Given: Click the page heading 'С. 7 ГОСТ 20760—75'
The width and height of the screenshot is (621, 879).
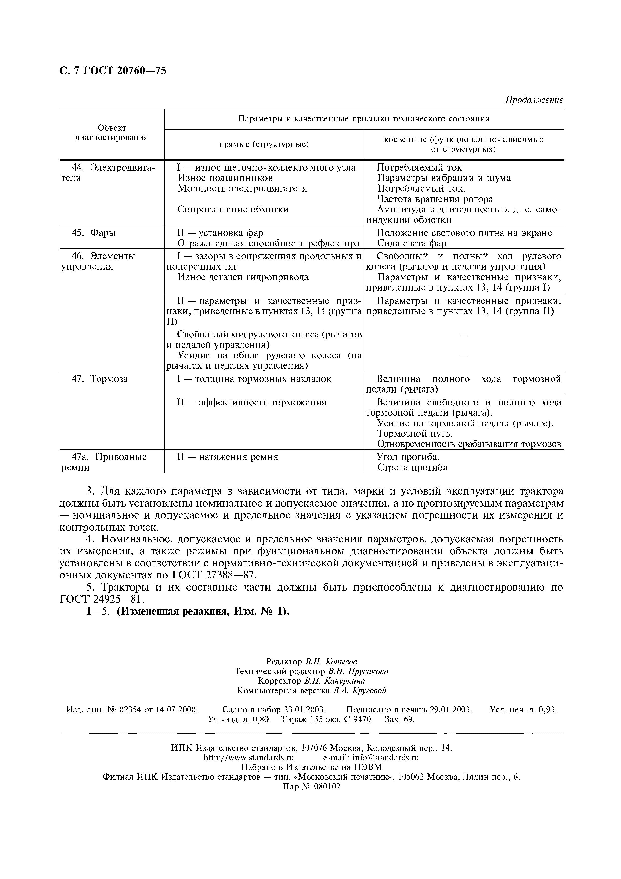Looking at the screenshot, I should (113, 71).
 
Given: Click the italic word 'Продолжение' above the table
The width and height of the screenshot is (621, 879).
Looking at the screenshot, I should (534, 100).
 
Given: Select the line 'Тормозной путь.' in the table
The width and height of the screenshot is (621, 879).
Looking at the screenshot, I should (415, 434).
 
